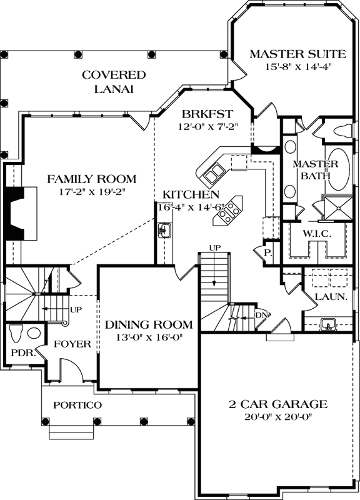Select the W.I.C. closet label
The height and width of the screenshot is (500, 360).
(x=316, y=232)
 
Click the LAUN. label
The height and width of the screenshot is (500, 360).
(x=331, y=297)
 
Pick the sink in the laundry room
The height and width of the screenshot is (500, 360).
(x=327, y=324)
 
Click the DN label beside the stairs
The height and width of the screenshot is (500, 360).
(x=261, y=314)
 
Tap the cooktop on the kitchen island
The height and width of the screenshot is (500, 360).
(x=228, y=210)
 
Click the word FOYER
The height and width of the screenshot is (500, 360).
(x=72, y=344)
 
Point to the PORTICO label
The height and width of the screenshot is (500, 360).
(x=77, y=405)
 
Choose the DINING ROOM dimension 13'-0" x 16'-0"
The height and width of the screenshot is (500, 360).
(x=148, y=337)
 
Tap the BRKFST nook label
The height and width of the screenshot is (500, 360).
(x=207, y=114)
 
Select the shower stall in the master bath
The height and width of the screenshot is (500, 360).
(x=334, y=207)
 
